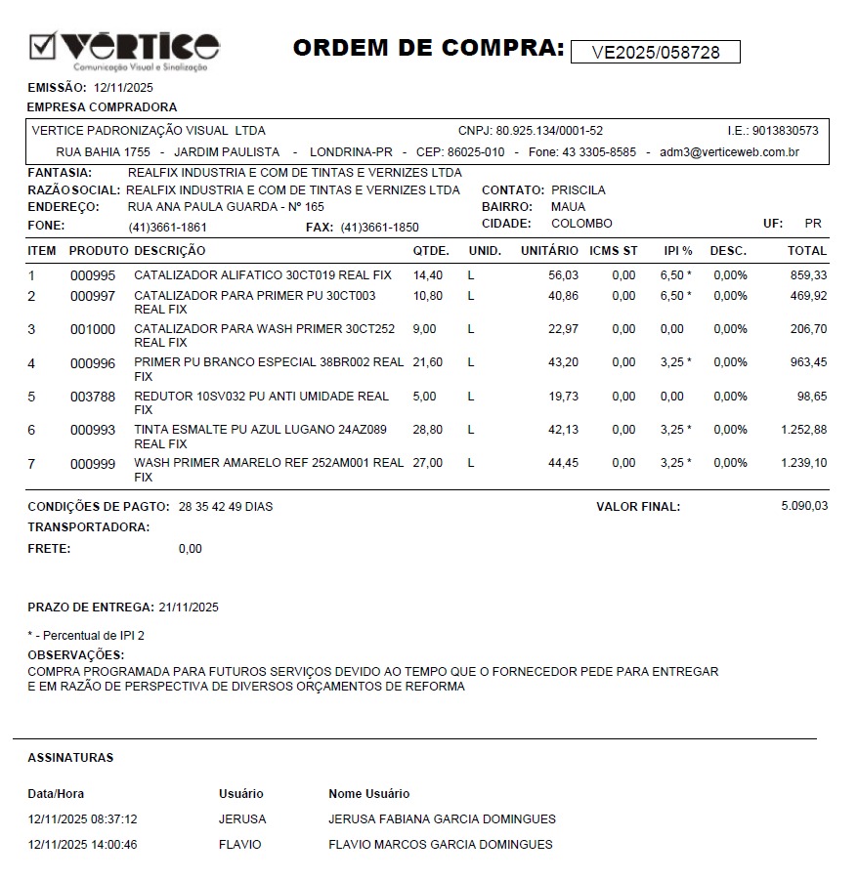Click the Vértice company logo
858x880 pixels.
pyautogui.click(x=124, y=49)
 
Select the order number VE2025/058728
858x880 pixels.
pyautogui.click(x=655, y=53)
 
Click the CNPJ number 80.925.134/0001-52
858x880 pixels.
pyautogui.click(x=549, y=131)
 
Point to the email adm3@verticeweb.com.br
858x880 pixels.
pyautogui.click(x=729, y=152)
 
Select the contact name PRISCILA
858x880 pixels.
pyautogui.click(x=579, y=190)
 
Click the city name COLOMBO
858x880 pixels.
pyautogui.click(x=581, y=224)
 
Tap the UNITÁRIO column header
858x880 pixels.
pyautogui.click(x=549, y=251)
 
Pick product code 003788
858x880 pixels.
pyautogui.click(x=93, y=397)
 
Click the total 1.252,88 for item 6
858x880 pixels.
pyautogui.click(x=804, y=430)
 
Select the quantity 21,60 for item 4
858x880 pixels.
pyautogui.click(x=428, y=362)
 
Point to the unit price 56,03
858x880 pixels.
pyautogui.click(x=563, y=275)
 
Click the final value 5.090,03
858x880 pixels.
pyautogui.click(x=804, y=506)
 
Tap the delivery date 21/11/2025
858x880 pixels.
pyautogui.click(x=189, y=608)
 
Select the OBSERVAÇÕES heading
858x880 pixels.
pyautogui.click(x=75, y=654)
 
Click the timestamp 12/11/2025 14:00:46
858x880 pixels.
pyautogui.click(x=83, y=845)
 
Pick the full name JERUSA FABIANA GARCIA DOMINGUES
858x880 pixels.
pyautogui.click(x=442, y=819)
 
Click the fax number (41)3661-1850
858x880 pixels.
pyautogui.click(x=379, y=228)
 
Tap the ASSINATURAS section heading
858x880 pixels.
pyautogui.click(x=70, y=758)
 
